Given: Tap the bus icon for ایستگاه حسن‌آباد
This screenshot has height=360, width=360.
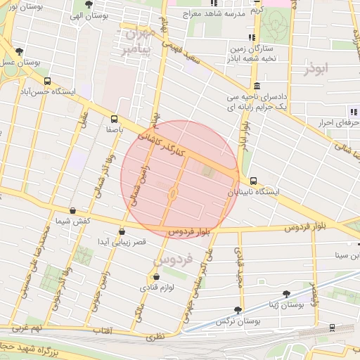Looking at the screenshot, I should (x=47, y=82).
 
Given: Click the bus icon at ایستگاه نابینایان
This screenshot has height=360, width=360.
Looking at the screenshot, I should (x=253, y=181).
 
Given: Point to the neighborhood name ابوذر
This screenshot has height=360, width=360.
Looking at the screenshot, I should (x=316, y=69).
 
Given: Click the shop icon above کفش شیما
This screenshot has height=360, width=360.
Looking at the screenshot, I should (x=73, y=210).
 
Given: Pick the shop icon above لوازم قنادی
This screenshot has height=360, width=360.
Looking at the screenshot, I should (x=155, y=277).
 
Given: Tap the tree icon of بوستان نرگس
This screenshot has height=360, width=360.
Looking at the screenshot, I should (x=238, y=310).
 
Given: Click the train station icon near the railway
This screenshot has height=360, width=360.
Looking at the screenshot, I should (x=331, y=328).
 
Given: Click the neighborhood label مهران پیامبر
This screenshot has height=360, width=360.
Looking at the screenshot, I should (x=137, y=41).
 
